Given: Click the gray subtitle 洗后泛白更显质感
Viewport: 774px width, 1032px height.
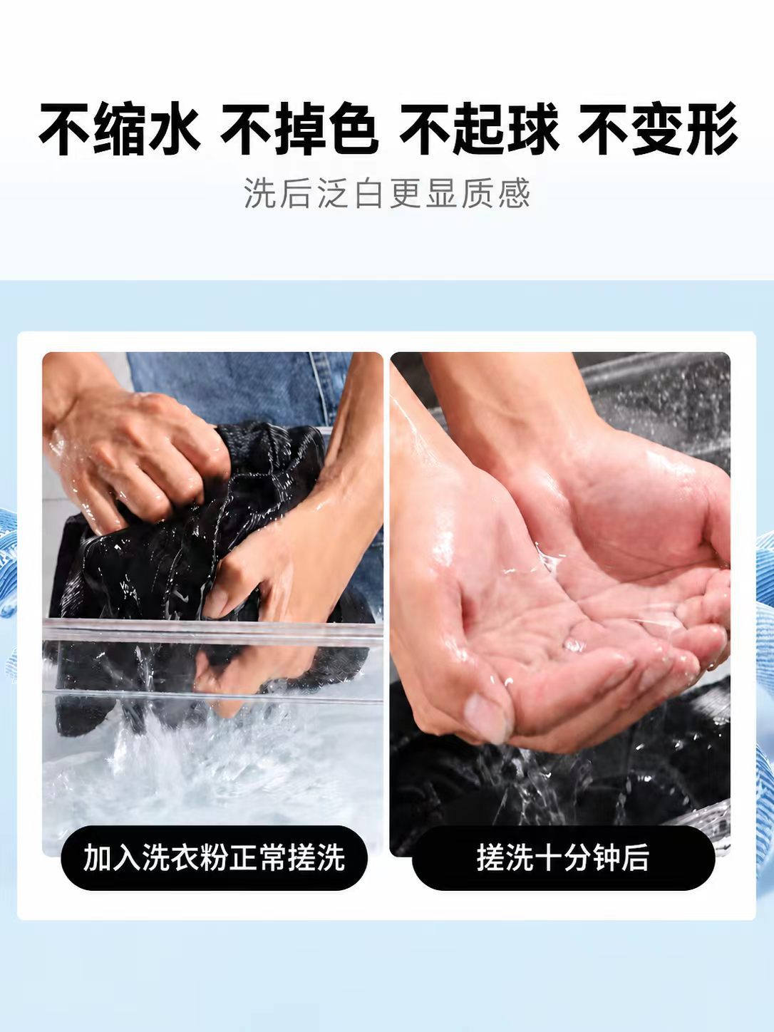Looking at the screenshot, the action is point(387,193).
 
